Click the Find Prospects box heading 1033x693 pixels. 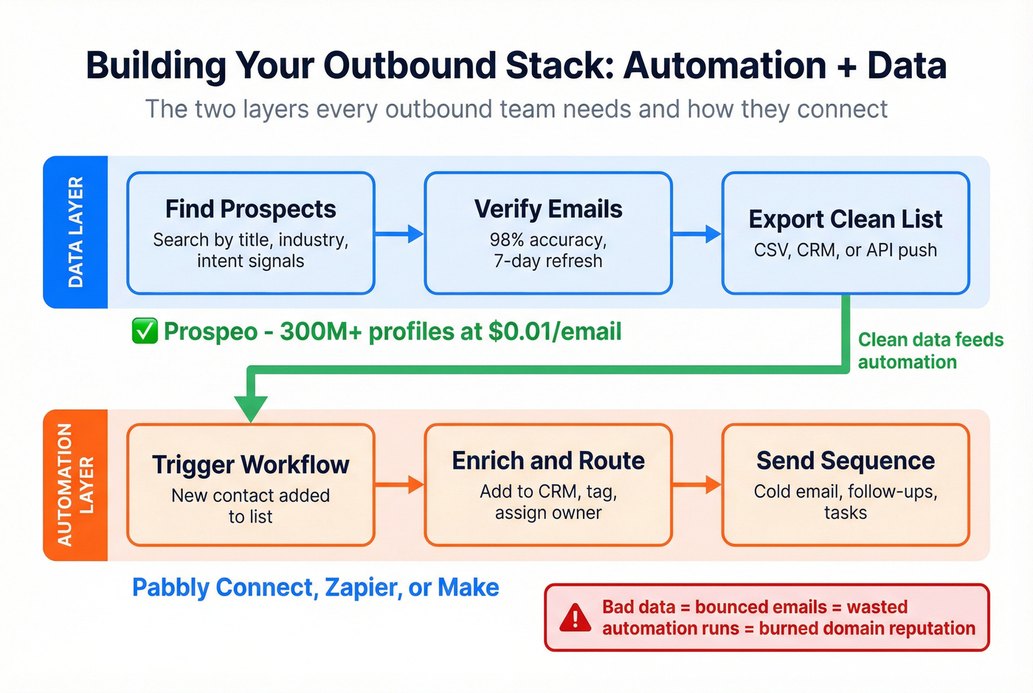tap(250, 210)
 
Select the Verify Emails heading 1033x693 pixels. tap(548, 210)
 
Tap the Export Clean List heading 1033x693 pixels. tap(845, 219)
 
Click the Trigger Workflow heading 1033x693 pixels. tap(250, 465)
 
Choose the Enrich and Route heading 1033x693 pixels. tap(548, 461)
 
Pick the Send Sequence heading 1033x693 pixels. tap(845, 461)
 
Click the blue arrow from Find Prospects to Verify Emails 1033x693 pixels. tap(400, 234)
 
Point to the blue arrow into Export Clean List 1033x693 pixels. tap(697, 234)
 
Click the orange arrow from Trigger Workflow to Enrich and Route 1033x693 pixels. tap(400, 485)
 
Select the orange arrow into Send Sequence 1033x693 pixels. tap(697, 485)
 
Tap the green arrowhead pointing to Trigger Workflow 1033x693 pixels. tap(251, 408)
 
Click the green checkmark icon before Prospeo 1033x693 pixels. tap(145, 331)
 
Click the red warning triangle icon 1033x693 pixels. tap(575, 618)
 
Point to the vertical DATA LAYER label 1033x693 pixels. tap(76, 232)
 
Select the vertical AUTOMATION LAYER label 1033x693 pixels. tap(75, 485)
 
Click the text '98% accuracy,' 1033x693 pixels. tap(548, 240)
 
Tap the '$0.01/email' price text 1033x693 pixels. tap(555, 331)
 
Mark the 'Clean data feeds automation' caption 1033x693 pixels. tap(930, 351)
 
